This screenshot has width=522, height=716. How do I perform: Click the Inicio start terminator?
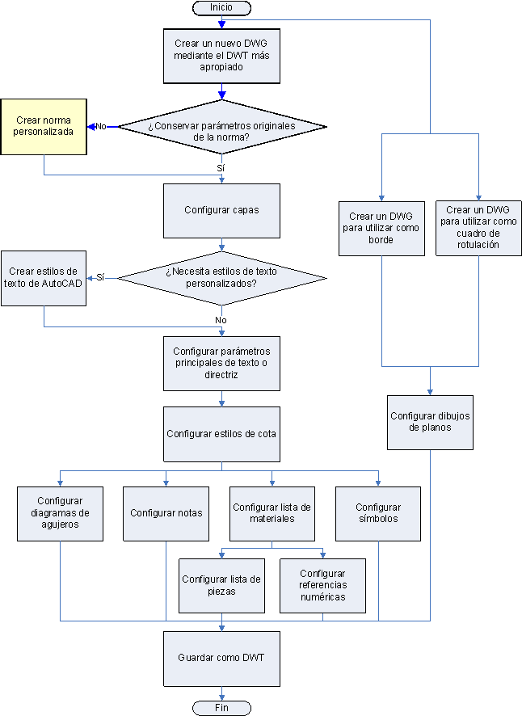[221, 7]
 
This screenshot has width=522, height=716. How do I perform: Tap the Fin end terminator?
[221, 707]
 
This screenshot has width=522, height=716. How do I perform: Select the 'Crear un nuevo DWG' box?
[221, 56]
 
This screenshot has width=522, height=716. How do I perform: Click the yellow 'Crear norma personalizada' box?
[43, 127]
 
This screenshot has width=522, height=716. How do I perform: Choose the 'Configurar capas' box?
[221, 210]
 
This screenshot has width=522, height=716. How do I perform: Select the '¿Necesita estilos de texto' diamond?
[222, 278]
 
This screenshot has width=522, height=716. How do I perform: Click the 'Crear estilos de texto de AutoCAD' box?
[43, 277]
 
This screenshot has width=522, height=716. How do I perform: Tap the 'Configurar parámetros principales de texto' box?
[221, 363]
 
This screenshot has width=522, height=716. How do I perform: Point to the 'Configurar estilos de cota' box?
[221, 433]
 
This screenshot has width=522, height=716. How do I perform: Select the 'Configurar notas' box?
[166, 513]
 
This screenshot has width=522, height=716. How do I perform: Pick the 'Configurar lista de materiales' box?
[272, 513]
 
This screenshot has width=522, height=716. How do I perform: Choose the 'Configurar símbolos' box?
[377, 513]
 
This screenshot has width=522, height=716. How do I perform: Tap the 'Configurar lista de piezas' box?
[221, 585]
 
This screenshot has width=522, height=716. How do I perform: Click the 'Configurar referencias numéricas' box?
[322, 585]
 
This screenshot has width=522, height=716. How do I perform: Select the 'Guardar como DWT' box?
[221, 658]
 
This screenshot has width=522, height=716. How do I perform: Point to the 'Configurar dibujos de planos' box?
[430, 422]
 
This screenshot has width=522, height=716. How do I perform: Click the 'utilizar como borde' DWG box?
[381, 228]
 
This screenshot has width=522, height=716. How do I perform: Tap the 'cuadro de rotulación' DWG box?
[478, 228]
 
